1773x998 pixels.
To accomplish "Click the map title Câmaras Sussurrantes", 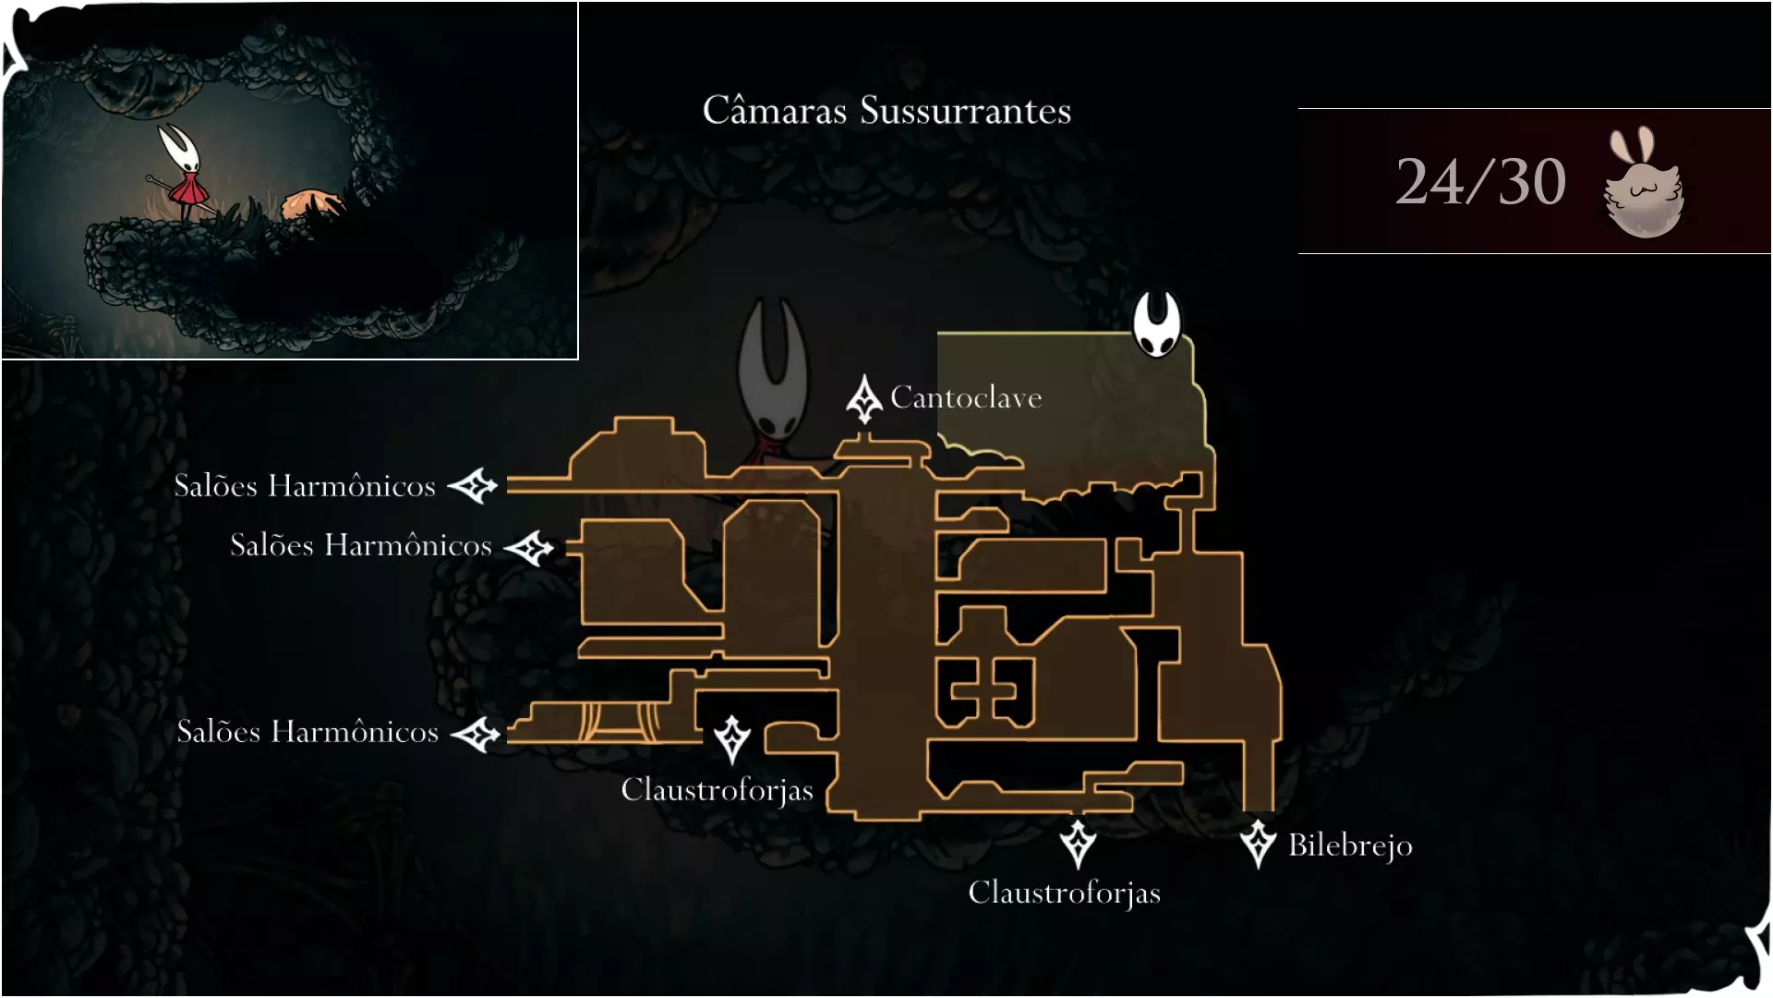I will tap(886, 111).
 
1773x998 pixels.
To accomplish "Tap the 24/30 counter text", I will tap(1480, 181).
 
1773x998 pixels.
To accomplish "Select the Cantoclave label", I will tap(966, 397).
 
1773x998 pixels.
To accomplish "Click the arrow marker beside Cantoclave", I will tap(864, 399).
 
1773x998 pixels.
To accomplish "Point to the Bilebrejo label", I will tap(1350, 846).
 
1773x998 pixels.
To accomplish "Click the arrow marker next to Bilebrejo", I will tap(1258, 843).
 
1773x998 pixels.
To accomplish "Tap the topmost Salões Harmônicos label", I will tap(305, 486).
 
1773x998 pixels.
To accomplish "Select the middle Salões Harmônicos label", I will tap(361, 545).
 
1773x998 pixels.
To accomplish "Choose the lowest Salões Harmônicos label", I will tap(308, 732).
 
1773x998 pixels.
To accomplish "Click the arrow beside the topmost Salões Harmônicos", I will tap(473, 485).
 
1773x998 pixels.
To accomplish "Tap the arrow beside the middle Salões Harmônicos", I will tap(529, 548).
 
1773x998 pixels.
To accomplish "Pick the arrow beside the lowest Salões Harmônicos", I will tap(476, 736).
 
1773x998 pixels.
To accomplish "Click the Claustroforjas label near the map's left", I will tap(717, 790).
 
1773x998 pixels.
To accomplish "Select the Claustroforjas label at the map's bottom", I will tap(1064, 893).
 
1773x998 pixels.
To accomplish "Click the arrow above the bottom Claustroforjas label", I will tap(1078, 843).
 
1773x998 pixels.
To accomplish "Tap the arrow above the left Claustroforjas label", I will tap(732, 738).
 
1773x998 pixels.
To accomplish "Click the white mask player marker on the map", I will tap(1157, 323).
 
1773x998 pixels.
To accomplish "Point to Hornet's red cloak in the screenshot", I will tap(191, 189).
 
